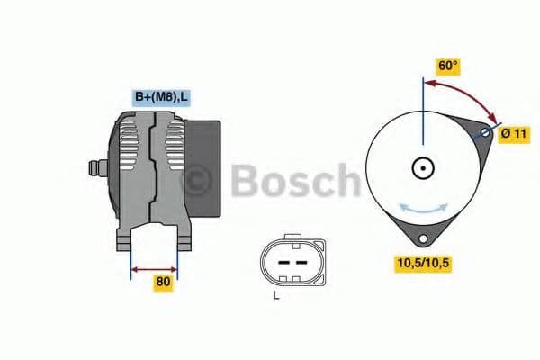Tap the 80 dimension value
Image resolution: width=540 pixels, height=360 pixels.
point(162,282)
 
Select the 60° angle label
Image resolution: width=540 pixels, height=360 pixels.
point(447,66)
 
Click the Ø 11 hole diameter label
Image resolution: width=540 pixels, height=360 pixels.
point(513,134)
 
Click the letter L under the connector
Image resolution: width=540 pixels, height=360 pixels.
point(276,294)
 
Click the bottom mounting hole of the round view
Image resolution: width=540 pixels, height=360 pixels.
point(421,238)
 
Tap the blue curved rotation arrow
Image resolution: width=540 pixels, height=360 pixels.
point(422,207)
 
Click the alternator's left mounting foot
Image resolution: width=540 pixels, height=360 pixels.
point(124,240)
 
